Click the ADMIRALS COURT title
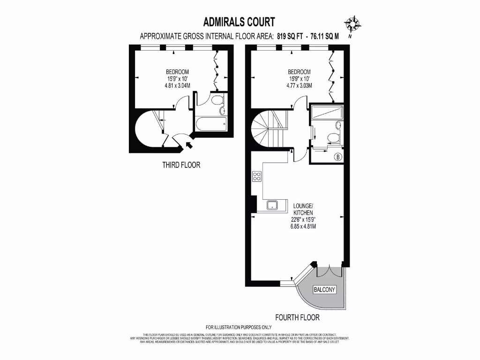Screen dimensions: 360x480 pyautogui.click(x=239, y=22)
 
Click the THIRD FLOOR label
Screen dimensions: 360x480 pyautogui.click(x=181, y=165)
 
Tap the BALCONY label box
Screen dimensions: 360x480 pyautogui.click(x=324, y=290)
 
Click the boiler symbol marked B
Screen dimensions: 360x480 pyautogui.click(x=338, y=157)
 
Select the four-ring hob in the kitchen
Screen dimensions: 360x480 pyautogui.click(x=257, y=177)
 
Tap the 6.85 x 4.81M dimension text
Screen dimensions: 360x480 pyautogui.click(x=303, y=226)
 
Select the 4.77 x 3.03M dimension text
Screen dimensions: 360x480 pyautogui.click(x=300, y=85)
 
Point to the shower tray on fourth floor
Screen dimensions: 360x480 pyautogui.click(x=327, y=112)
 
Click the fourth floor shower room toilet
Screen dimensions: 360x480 pyautogui.click(x=333, y=137)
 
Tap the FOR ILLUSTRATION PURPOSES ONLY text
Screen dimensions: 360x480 pyautogui.click(x=239, y=327)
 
